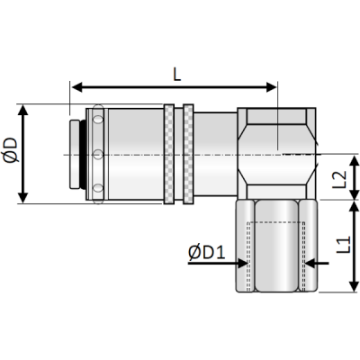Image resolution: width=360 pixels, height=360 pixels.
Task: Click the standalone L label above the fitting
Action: coord(176,74)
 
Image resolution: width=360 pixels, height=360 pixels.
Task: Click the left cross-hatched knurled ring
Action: coord(169,153)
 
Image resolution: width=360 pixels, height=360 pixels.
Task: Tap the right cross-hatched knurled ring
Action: coord(188,153)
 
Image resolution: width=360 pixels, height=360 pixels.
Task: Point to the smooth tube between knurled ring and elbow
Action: coord(216,153)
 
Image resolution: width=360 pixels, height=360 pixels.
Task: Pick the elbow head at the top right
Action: coord(277,153)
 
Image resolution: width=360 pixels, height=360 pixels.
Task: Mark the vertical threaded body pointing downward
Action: coord(277,247)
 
